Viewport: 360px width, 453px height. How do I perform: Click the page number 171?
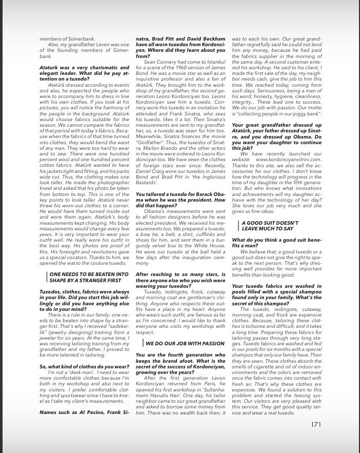(x=316, y=424)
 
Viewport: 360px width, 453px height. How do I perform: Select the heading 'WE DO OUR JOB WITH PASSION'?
(x=185, y=343)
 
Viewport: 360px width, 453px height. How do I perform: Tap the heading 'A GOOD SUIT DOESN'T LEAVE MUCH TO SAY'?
(x=270, y=226)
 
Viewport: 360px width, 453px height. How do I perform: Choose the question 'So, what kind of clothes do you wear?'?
(x=85, y=367)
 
